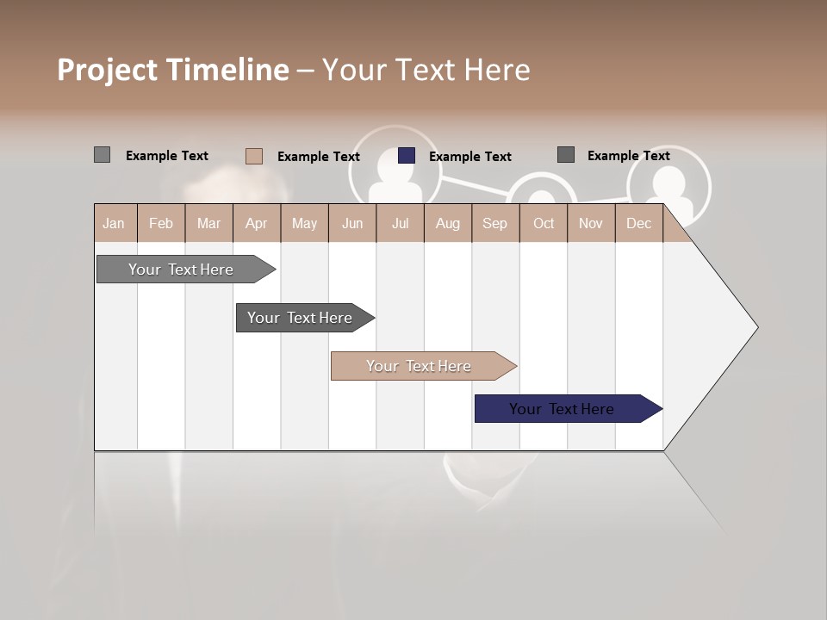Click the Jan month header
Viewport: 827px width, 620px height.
point(115,224)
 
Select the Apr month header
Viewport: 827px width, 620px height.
point(257,224)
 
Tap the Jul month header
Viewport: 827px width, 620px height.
point(401,224)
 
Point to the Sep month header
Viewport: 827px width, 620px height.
point(495,224)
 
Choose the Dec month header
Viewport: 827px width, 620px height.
point(639,224)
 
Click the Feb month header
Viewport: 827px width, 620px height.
point(161,224)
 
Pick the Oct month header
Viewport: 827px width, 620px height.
point(544,224)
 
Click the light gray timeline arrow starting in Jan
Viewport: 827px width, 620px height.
point(181,270)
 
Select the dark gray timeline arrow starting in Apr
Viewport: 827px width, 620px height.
point(300,318)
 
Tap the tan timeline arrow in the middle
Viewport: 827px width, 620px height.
point(419,366)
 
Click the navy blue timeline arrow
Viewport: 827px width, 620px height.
point(562,409)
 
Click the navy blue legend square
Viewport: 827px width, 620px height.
point(407,156)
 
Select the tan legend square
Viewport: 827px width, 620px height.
point(254,156)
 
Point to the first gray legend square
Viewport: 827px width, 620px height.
point(103,155)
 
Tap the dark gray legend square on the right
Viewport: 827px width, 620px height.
point(566,155)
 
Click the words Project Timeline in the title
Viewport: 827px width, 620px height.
point(173,70)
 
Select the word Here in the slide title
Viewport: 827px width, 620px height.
point(497,70)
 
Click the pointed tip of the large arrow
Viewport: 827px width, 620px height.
point(755,327)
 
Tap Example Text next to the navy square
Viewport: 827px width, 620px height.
point(470,157)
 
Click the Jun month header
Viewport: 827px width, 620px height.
point(352,224)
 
